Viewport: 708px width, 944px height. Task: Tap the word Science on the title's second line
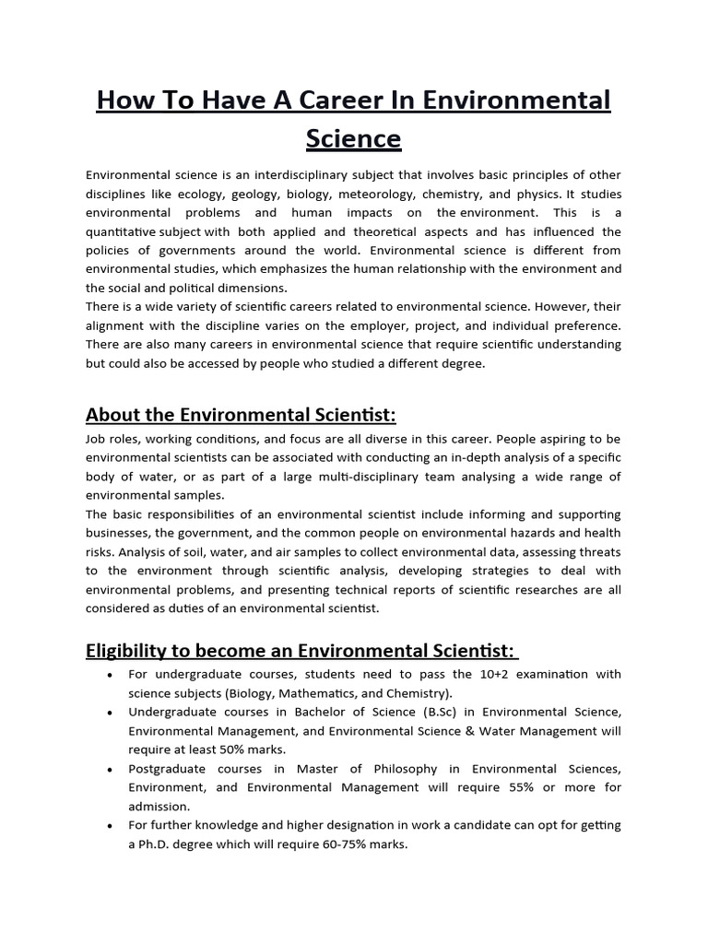[x=353, y=138]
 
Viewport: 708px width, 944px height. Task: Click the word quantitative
[x=120, y=232]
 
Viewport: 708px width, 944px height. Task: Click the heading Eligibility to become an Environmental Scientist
[x=301, y=651]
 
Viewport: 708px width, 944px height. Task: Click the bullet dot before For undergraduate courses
[x=110, y=675]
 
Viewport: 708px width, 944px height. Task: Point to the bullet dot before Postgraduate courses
[x=110, y=770]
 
